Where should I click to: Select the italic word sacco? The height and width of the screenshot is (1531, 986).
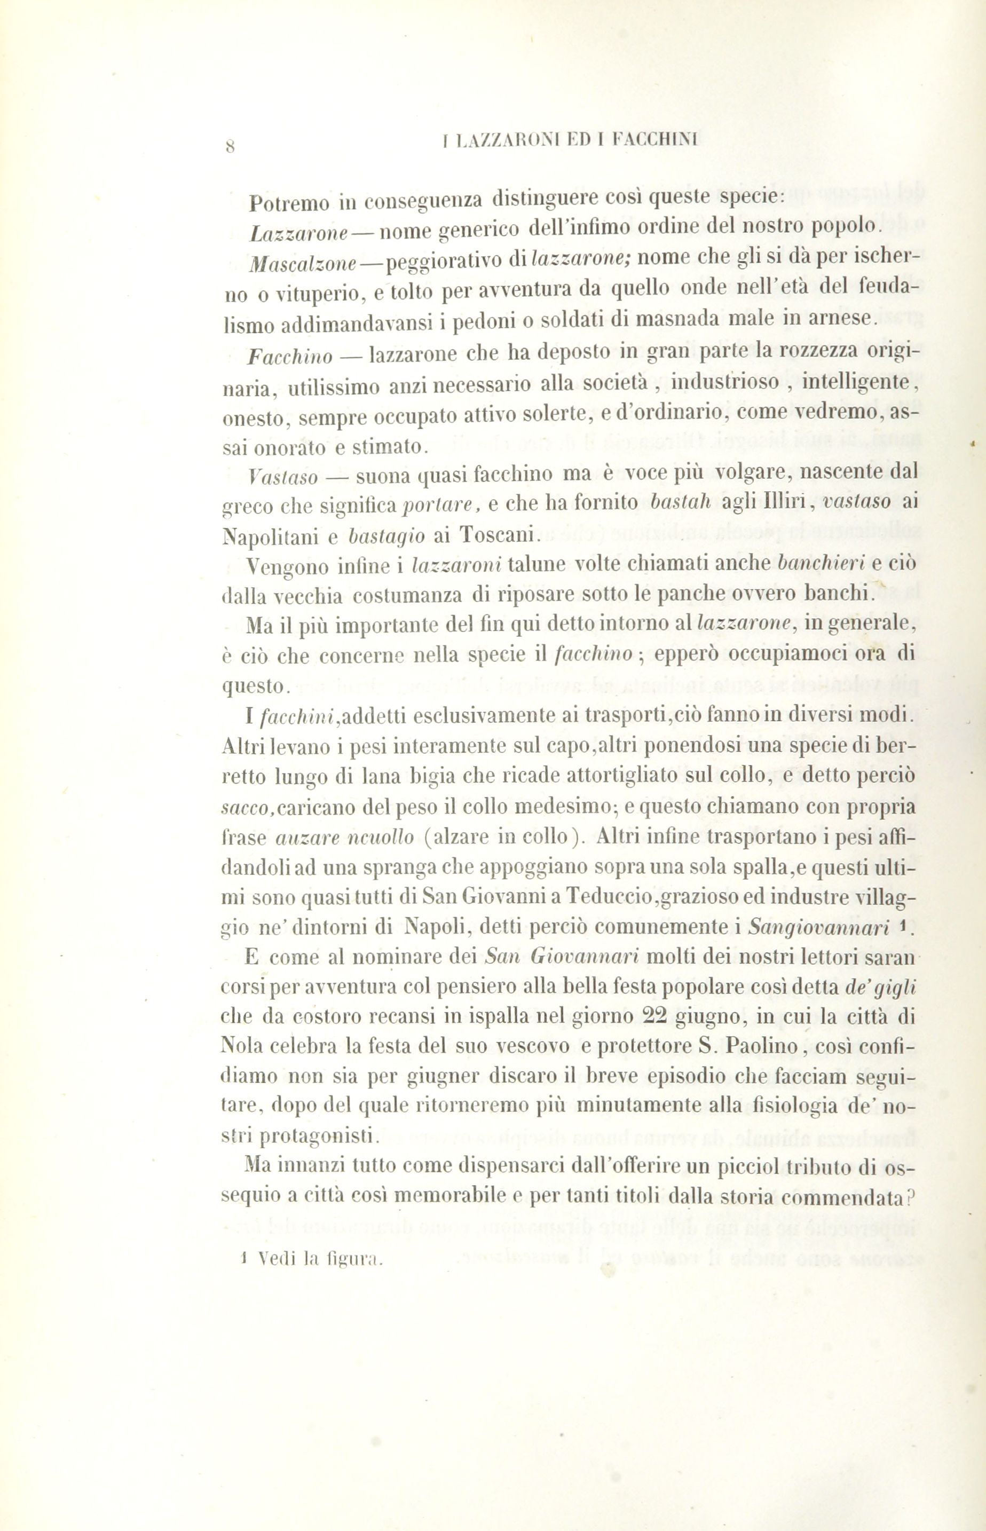[247, 807]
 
